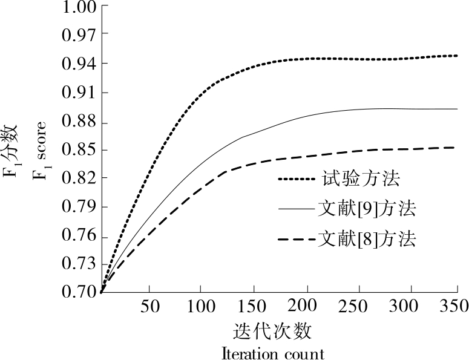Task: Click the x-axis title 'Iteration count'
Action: (273, 353)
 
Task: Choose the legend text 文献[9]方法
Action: (367, 209)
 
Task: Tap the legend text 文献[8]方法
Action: (367, 239)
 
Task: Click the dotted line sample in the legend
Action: (296, 179)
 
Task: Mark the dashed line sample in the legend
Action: (296, 240)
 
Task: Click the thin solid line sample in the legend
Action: (296, 210)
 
